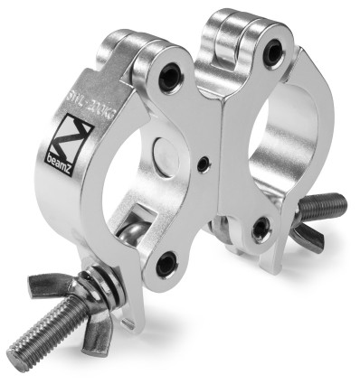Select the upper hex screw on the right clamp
pos(271,53)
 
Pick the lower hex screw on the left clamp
pos(165,264)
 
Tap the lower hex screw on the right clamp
pos(261,228)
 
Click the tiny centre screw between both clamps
pos(207,164)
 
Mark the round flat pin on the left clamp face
pos(166,152)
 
